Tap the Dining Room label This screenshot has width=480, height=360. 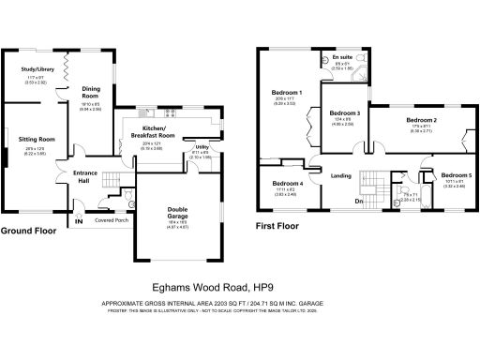click(x=91, y=94)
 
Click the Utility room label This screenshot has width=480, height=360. click(x=202, y=147)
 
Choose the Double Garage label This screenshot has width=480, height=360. click(x=177, y=213)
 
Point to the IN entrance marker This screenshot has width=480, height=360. click(x=79, y=222)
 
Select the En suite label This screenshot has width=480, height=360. click(x=343, y=57)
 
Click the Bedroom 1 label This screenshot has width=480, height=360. click(x=287, y=93)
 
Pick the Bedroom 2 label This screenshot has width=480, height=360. click(x=422, y=121)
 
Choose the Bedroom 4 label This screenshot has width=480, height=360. click(x=288, y=183)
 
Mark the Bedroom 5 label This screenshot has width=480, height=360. click(x=457, y=175)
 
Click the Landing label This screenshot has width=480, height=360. click(x=339, y=174)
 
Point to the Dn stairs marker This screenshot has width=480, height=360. click(x=358, y=202)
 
